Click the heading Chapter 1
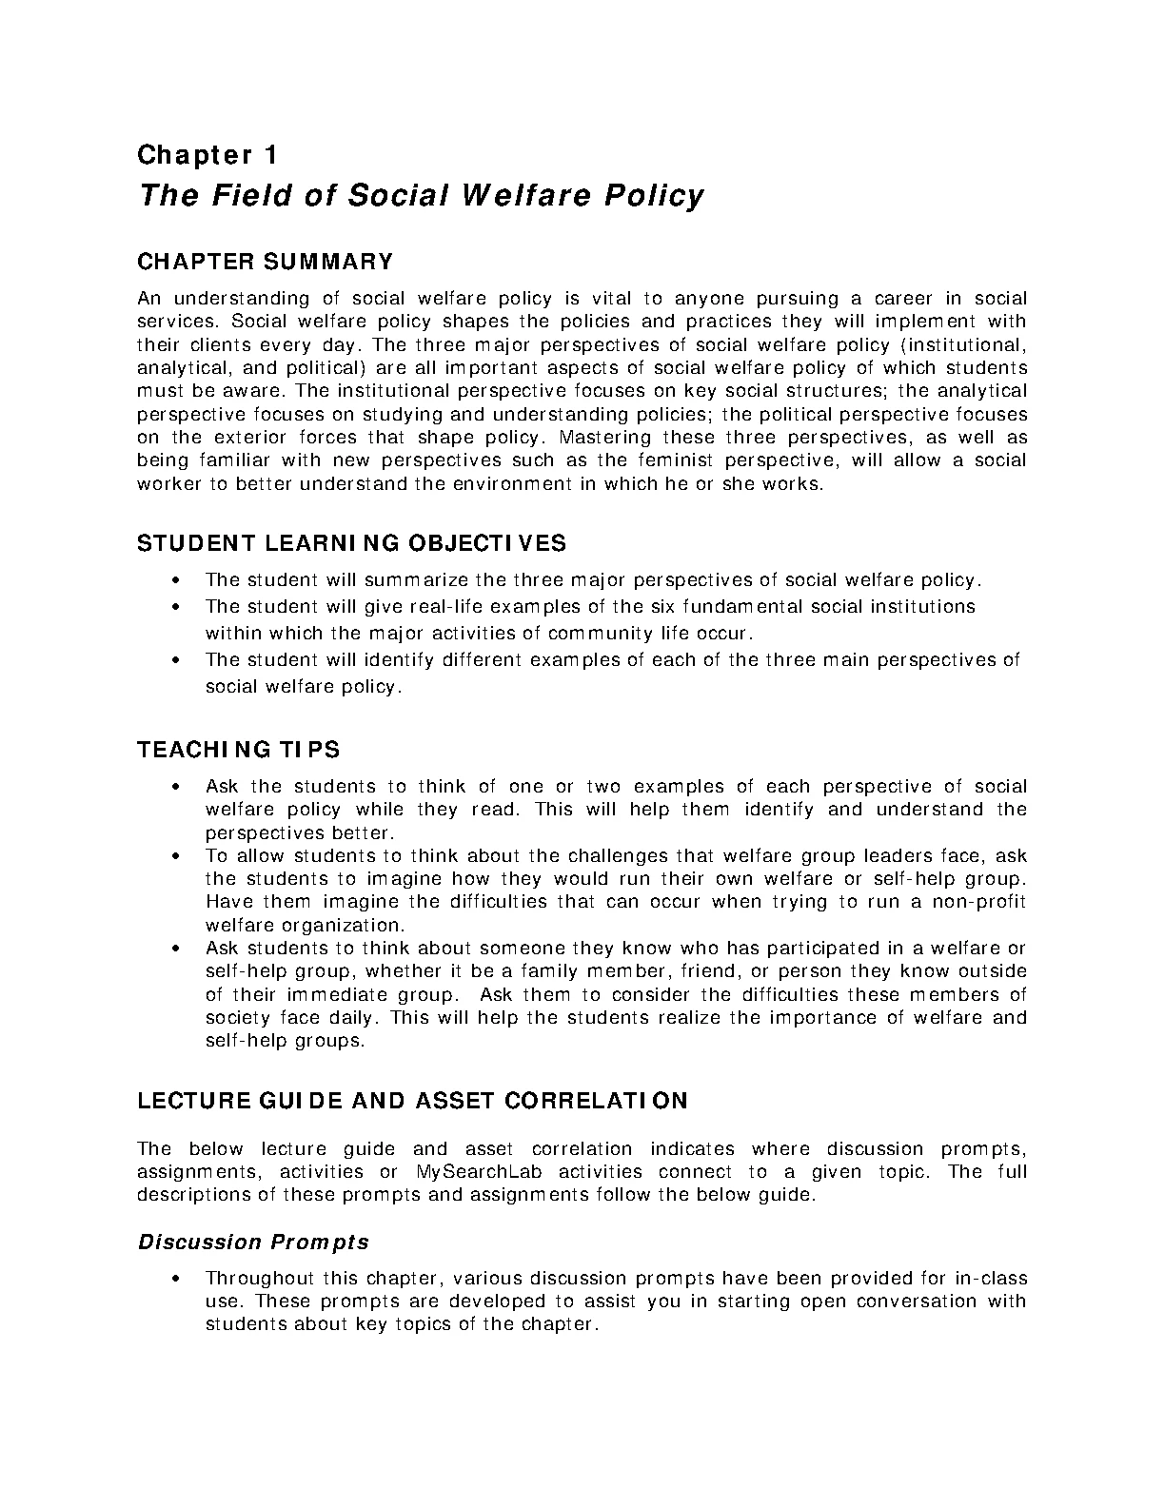(x=207, y=154)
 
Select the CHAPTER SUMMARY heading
(x=265, y=262)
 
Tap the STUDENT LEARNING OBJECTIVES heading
(x=351, y=543)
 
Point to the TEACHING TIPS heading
(x=238, y=750)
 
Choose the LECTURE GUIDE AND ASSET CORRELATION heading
(x=412, y=1101)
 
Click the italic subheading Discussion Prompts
(x=253, y=1243)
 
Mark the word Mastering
(x=604, y=438)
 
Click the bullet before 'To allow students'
(x=176, y=856)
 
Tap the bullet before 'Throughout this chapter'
(x=176, y=1279)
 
